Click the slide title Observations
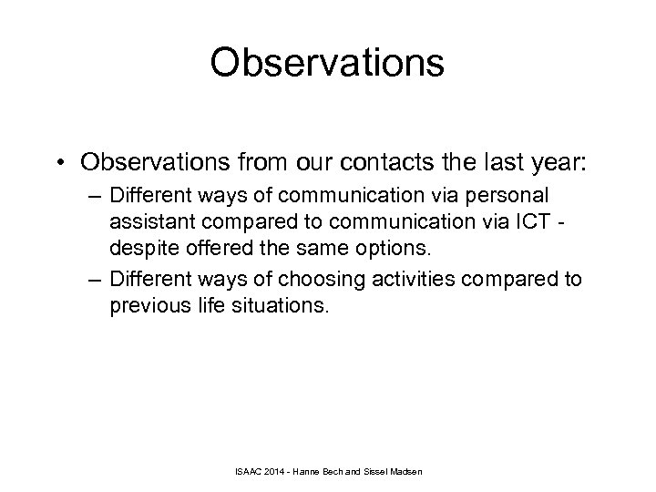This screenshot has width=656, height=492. [x=327, y=64]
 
